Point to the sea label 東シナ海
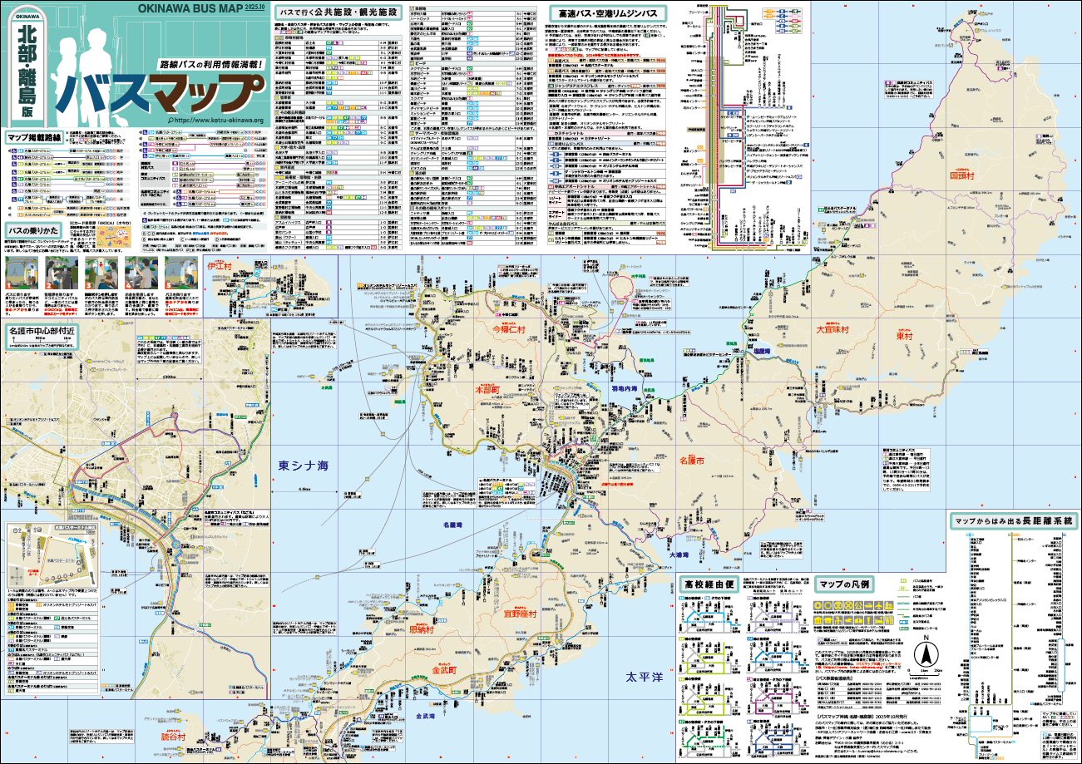[x=304, y=466]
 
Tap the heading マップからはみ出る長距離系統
[x=1014, y=521]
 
